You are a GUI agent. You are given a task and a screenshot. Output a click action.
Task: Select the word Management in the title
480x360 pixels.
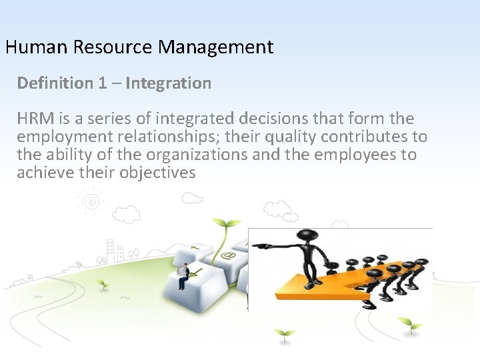coord(216,47)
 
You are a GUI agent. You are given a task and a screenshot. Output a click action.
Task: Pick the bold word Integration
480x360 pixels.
coord(168,83)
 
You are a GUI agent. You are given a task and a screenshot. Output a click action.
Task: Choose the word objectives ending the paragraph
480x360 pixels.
coord(158,173)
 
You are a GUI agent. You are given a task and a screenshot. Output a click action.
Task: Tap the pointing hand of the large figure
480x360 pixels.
coord(258,245)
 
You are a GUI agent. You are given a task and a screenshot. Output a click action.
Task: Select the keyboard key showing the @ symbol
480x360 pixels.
coord(229,256)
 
